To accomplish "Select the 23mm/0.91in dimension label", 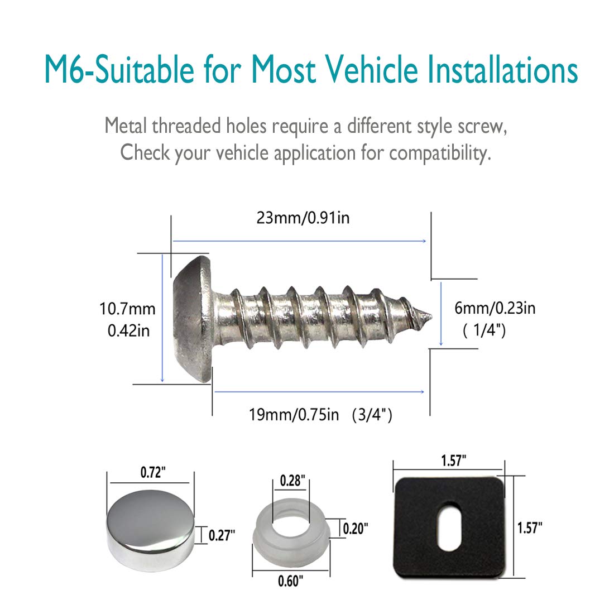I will pos(303,217).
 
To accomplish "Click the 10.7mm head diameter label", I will pos(127,309).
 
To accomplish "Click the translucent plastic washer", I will pos(291,533).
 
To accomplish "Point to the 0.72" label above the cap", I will pos(153,473).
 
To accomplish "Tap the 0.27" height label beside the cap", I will pos(222,535).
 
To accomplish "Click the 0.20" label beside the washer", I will pos(355,528).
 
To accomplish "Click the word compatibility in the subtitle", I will pos(440,152).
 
